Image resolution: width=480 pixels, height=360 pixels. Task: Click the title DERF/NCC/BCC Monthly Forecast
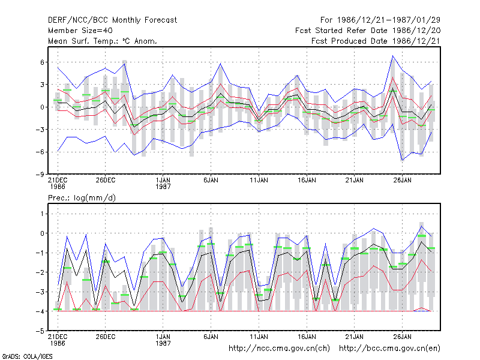112,20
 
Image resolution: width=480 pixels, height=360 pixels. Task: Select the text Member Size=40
80,31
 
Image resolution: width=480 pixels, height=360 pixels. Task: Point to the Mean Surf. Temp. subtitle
103,41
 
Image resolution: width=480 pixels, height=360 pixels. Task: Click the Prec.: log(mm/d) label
82,198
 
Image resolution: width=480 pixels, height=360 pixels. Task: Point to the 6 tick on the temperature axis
42,62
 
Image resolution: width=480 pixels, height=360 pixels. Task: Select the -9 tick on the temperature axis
40,174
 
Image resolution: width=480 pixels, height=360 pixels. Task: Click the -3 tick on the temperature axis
40,130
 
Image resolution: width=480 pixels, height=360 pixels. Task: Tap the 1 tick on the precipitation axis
42,214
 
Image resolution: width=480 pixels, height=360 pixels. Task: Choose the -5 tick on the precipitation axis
40,331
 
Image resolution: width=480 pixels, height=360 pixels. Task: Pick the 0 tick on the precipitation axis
42,233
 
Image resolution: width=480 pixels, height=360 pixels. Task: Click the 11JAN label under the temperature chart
259,180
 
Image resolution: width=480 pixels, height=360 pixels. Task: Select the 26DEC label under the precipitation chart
106,337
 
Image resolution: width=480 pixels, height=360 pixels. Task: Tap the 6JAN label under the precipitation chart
211,337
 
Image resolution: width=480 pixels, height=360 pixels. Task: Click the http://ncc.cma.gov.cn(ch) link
279,349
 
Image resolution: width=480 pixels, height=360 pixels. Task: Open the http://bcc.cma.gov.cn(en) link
389,349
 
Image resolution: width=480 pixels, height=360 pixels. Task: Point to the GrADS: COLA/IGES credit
28,356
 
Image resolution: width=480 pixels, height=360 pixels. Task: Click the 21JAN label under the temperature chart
355,180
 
